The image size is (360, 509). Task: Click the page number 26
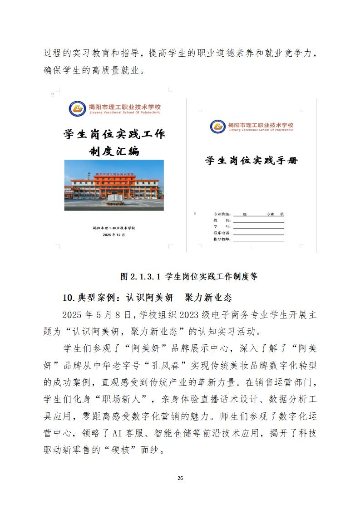(180, 478)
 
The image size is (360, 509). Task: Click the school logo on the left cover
(77, 108)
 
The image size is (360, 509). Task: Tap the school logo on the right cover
(218, 127)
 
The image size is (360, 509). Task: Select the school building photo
(114, 185)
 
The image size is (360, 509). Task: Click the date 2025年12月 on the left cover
(113, 235)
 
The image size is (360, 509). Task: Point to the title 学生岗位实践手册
(252, 161)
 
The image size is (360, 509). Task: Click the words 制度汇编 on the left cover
(114, 151)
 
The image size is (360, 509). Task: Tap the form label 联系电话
(222, 232)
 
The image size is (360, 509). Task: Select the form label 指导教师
(222, 239)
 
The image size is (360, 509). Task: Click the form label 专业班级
(222, 214)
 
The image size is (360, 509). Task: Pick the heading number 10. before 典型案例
(68, 298)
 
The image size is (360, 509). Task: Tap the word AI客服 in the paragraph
(125, 433)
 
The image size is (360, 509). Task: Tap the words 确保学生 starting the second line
(61, 70)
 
